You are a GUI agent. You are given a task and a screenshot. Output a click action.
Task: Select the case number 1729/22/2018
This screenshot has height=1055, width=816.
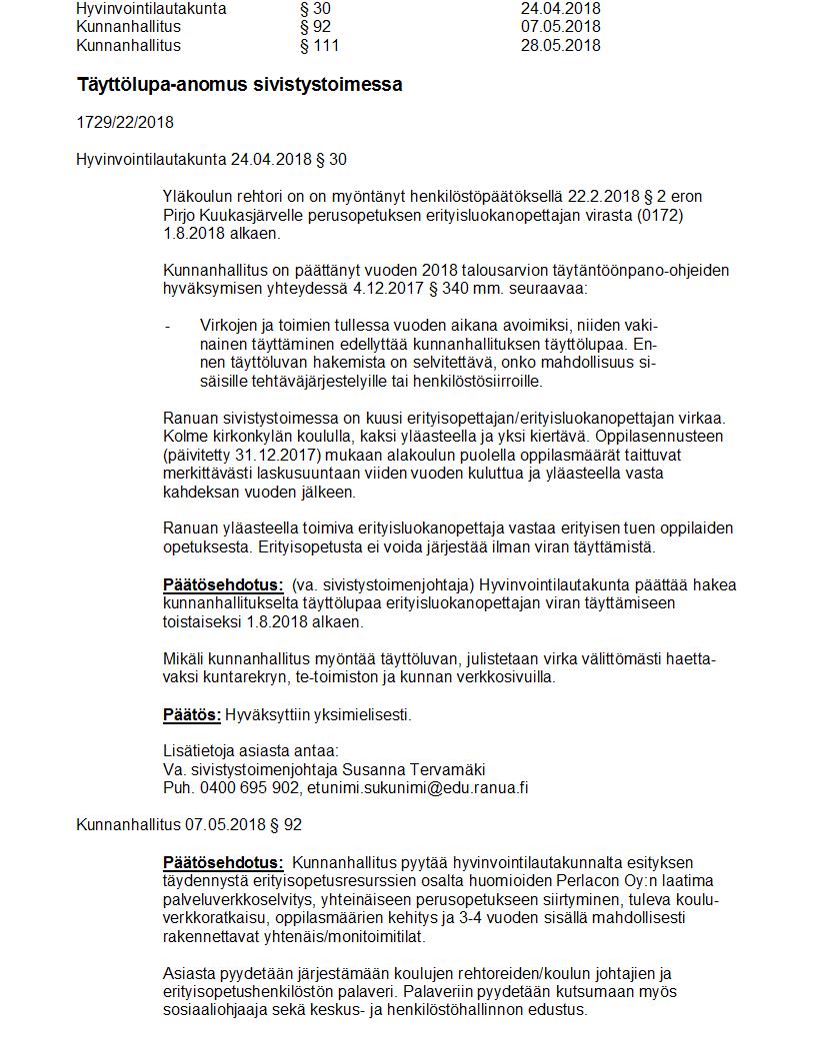coord(125,123)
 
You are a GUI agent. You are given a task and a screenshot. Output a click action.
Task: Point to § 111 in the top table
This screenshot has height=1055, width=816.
coord(320,45)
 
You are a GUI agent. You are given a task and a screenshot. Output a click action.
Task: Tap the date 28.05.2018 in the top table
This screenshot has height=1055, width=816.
coord(561,45)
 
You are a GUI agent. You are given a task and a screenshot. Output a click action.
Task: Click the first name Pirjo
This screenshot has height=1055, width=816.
coord(180,216)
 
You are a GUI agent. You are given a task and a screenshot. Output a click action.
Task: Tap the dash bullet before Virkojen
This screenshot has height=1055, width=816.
coord(167,326)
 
